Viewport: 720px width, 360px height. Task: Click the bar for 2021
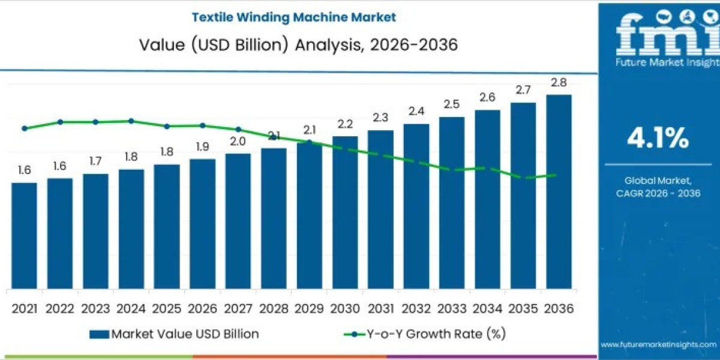(24, 235)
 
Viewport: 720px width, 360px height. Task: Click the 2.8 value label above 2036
(559, 83)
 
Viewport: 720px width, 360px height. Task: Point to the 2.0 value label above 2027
(238, 142)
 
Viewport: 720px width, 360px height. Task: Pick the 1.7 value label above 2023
(95, 161)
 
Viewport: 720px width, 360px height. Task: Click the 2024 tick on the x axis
(131, 308)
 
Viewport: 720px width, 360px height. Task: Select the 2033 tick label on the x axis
(452, 308)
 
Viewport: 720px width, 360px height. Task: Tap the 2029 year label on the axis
(309, 308)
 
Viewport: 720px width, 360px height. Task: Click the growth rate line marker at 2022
(60, 122)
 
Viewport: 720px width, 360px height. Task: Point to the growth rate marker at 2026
(202, 125)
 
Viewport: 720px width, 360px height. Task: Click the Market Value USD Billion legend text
(185, 334)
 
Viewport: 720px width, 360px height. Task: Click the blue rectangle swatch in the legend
(99, 334)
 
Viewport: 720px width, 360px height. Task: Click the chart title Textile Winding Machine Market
(294, 17)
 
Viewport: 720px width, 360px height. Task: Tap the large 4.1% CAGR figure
(658, 139)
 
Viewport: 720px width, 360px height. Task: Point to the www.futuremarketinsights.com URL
(658, 344)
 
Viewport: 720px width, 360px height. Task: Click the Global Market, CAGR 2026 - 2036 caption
(658, 186)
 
